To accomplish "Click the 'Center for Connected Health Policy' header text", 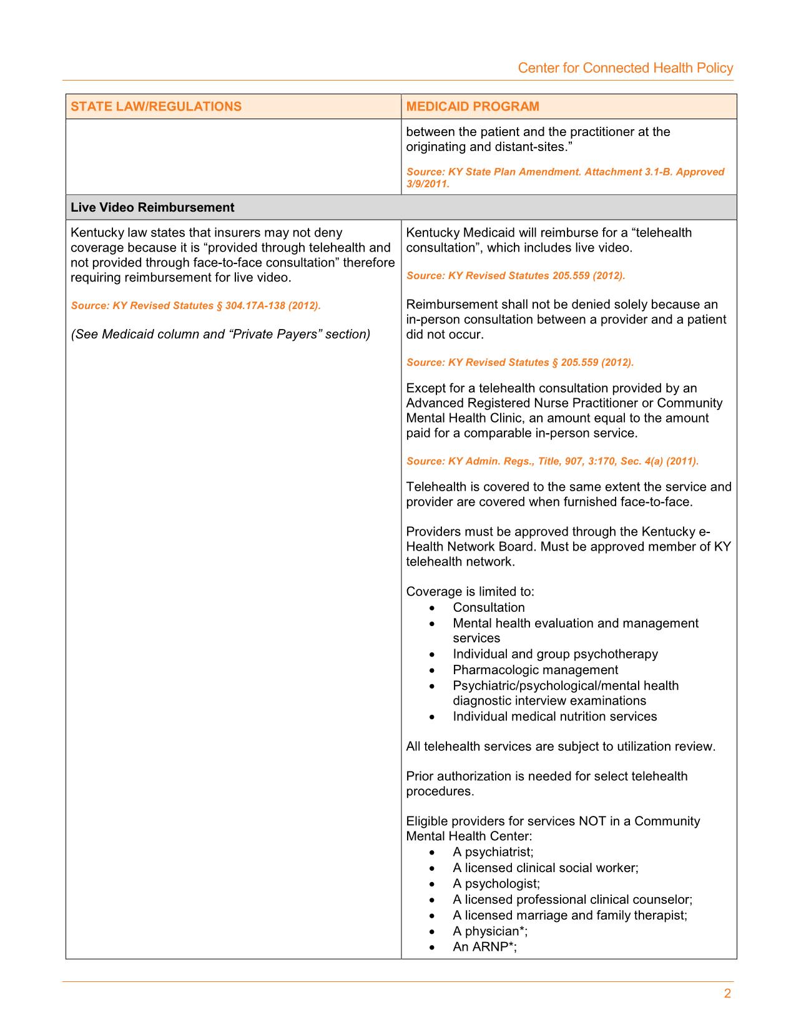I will click(x=625, y=68).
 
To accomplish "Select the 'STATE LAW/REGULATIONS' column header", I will click(x=156, y=106).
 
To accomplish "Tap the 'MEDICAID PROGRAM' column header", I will click(x=473, y=106).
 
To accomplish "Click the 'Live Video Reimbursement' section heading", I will click(x=152, y=207).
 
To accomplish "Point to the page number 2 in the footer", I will click(x=727, y=994).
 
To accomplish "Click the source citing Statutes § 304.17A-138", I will click(x=195, y=306).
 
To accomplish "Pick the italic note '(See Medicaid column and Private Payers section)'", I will click(x=220, y=334).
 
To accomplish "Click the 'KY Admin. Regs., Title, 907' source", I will click(x=552, y=461).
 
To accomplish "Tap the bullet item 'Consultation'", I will click(x=489, y=607).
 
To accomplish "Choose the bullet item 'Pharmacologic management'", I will click(x=535, y=670).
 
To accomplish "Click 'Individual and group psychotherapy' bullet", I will click(x=555, y=654).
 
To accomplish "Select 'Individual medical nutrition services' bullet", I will click(x=554, y=717).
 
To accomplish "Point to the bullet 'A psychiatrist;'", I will click(x=493, y=852).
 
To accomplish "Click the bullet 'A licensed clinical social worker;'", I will click(x=545, y=868).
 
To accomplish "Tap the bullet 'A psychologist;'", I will click(x=496, y=883).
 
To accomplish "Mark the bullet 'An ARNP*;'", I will click(x=484, y=946).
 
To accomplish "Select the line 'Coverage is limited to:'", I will click(x=470, y=591).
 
